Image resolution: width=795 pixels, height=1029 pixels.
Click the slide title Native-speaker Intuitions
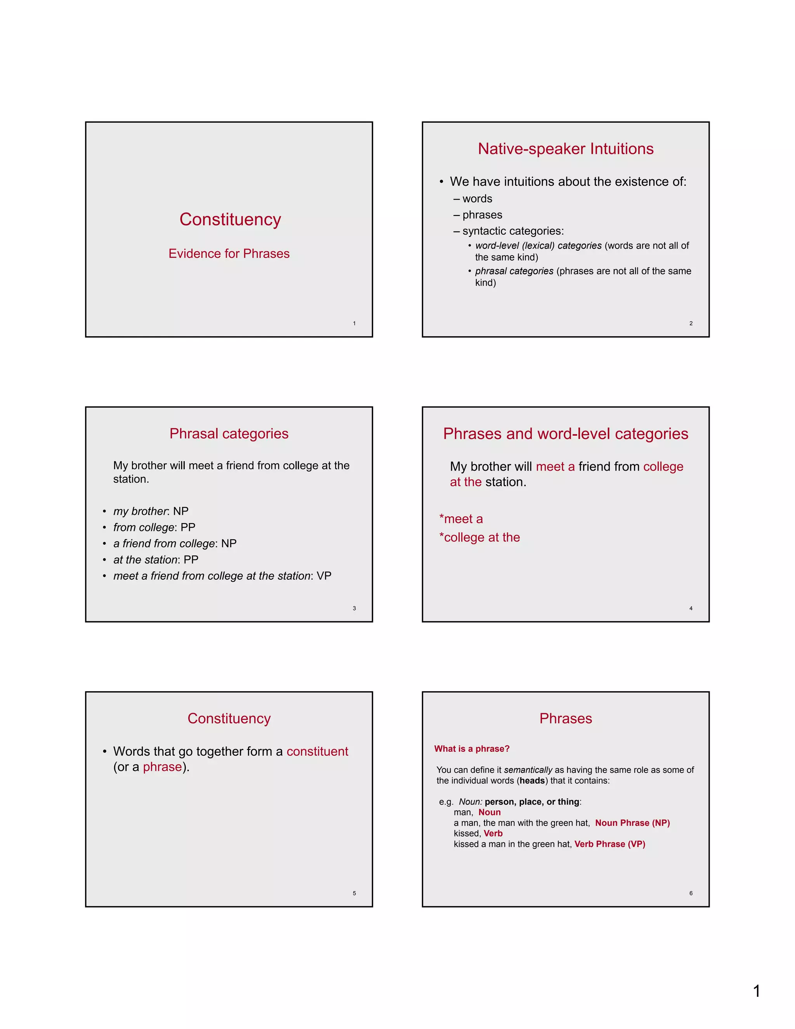[565, 149]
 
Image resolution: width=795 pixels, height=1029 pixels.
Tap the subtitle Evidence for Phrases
[229, 254]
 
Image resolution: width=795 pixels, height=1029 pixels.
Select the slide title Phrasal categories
[229, 433]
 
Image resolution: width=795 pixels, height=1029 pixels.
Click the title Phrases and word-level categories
[565, 433]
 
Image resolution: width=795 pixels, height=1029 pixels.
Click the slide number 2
[691, 323]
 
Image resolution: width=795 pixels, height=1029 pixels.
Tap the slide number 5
[354, 893]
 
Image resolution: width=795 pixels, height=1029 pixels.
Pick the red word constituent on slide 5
[317, 751]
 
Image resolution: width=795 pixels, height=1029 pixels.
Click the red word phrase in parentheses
[162, 767]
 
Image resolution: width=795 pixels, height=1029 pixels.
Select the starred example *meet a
[461, 519]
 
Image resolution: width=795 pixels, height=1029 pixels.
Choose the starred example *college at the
[479, 537]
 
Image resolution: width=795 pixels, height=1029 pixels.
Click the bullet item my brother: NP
[151, 511]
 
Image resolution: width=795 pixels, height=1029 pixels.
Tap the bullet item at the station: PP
[155, 560]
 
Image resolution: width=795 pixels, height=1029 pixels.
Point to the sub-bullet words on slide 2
[477, 199]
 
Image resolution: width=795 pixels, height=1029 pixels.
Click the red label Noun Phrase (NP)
[632, 823]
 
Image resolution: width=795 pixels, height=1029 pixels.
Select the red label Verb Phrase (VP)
[609, 844]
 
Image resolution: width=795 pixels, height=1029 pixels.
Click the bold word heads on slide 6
[532, 781]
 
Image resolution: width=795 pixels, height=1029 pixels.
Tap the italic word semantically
[528, 770]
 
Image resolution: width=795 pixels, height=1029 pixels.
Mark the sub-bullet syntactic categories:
[512, 231]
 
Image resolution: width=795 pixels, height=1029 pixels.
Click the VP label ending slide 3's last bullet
[324, 576]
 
